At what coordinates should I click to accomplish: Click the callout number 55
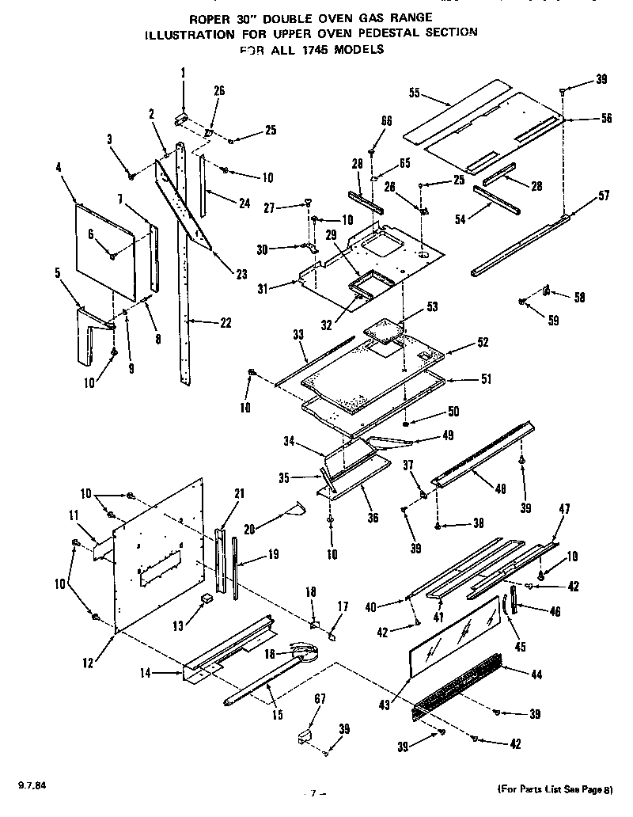click(414, 92)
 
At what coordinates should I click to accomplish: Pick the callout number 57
click(605, 195)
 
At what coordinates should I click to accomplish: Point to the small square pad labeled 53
click(388, 326)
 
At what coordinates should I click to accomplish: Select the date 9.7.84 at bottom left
click(30, 785)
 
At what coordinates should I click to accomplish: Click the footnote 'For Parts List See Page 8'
click(554, 788)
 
